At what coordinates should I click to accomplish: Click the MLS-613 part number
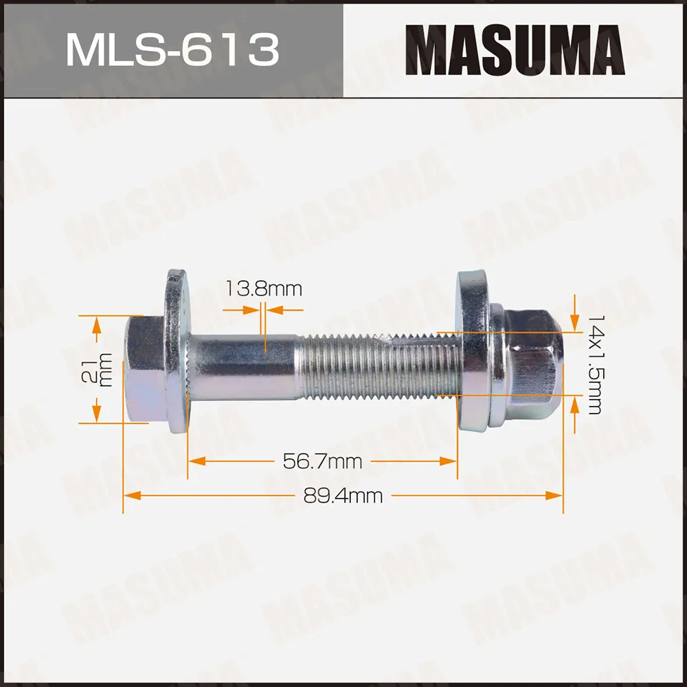pyautogui.click(x=172, y=49)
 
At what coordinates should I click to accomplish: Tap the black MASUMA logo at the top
pyautogui.click(x=513, y=49)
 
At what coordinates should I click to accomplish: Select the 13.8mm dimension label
pyautogui.click(x=264, y=289)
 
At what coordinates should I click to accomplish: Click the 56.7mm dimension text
pyautogui.click(x=322, y=461)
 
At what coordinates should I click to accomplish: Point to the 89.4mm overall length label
pyautogui.click(x=343, y=495)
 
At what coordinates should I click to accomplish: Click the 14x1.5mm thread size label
pyautogui.click(x=594, y=364)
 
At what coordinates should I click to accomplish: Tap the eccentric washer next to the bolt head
pyautogui.click(x=177, y=350)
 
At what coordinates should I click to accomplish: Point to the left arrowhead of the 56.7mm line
pyautogui.click(x=194, y=461)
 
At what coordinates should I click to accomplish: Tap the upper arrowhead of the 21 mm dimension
pyautogui.click(x=97, y=323)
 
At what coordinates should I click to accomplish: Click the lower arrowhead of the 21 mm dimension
pyautogui.click(x=97, y=416)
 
